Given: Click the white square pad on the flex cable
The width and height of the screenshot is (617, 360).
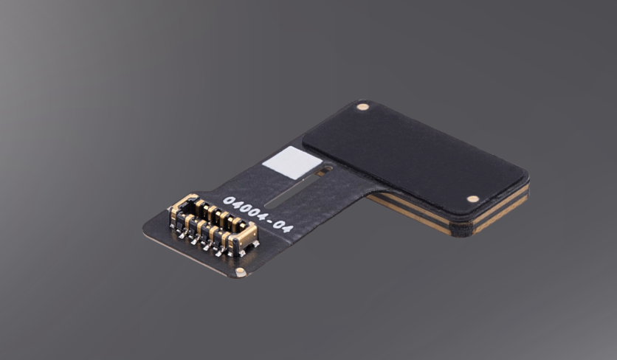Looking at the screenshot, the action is pos(292,162).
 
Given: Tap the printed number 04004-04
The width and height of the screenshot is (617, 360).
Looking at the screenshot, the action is pos(258,214).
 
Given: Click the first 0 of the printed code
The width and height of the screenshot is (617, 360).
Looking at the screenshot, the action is pos(229,201).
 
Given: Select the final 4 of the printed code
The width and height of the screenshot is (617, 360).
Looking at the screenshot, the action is pos(287,228).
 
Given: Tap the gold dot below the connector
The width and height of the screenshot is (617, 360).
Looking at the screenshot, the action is pos(240,271).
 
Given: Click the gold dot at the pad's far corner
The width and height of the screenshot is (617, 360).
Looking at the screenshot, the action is pos(362,107).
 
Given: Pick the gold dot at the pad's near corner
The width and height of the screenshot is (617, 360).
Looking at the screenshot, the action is pos(472,198).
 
